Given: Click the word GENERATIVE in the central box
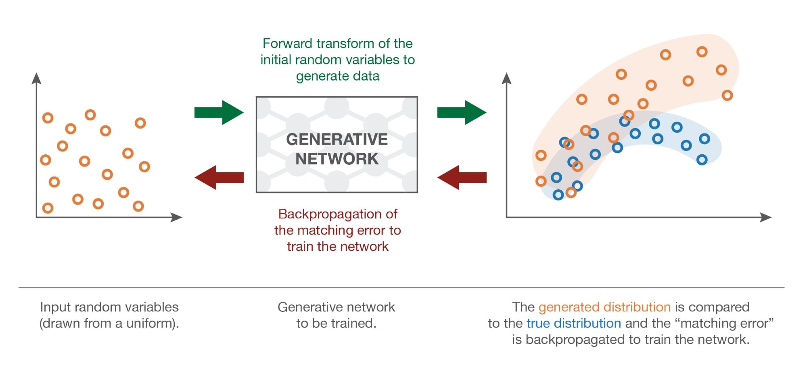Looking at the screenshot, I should [x=337, y=139].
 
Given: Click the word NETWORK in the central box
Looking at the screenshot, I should [x=337, y=159].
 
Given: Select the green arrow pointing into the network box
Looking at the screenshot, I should [x=219, y=112].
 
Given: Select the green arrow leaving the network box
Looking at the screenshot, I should [x=462, y=112].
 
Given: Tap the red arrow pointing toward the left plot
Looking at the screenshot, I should [x=219, y=177].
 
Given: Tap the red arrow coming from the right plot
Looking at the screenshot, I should [x=462, y=177].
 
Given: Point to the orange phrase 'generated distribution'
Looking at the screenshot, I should [x=604, y=307].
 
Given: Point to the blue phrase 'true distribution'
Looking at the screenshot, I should [x=573, y=323].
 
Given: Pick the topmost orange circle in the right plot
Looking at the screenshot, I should [x=702, y=52].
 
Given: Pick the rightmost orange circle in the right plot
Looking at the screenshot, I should [x=727, y=96].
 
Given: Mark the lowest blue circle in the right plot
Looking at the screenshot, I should [x=558, y=195].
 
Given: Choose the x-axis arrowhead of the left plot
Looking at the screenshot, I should [x=177, y=217].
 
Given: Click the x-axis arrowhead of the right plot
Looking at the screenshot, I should [x=766, y=217].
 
